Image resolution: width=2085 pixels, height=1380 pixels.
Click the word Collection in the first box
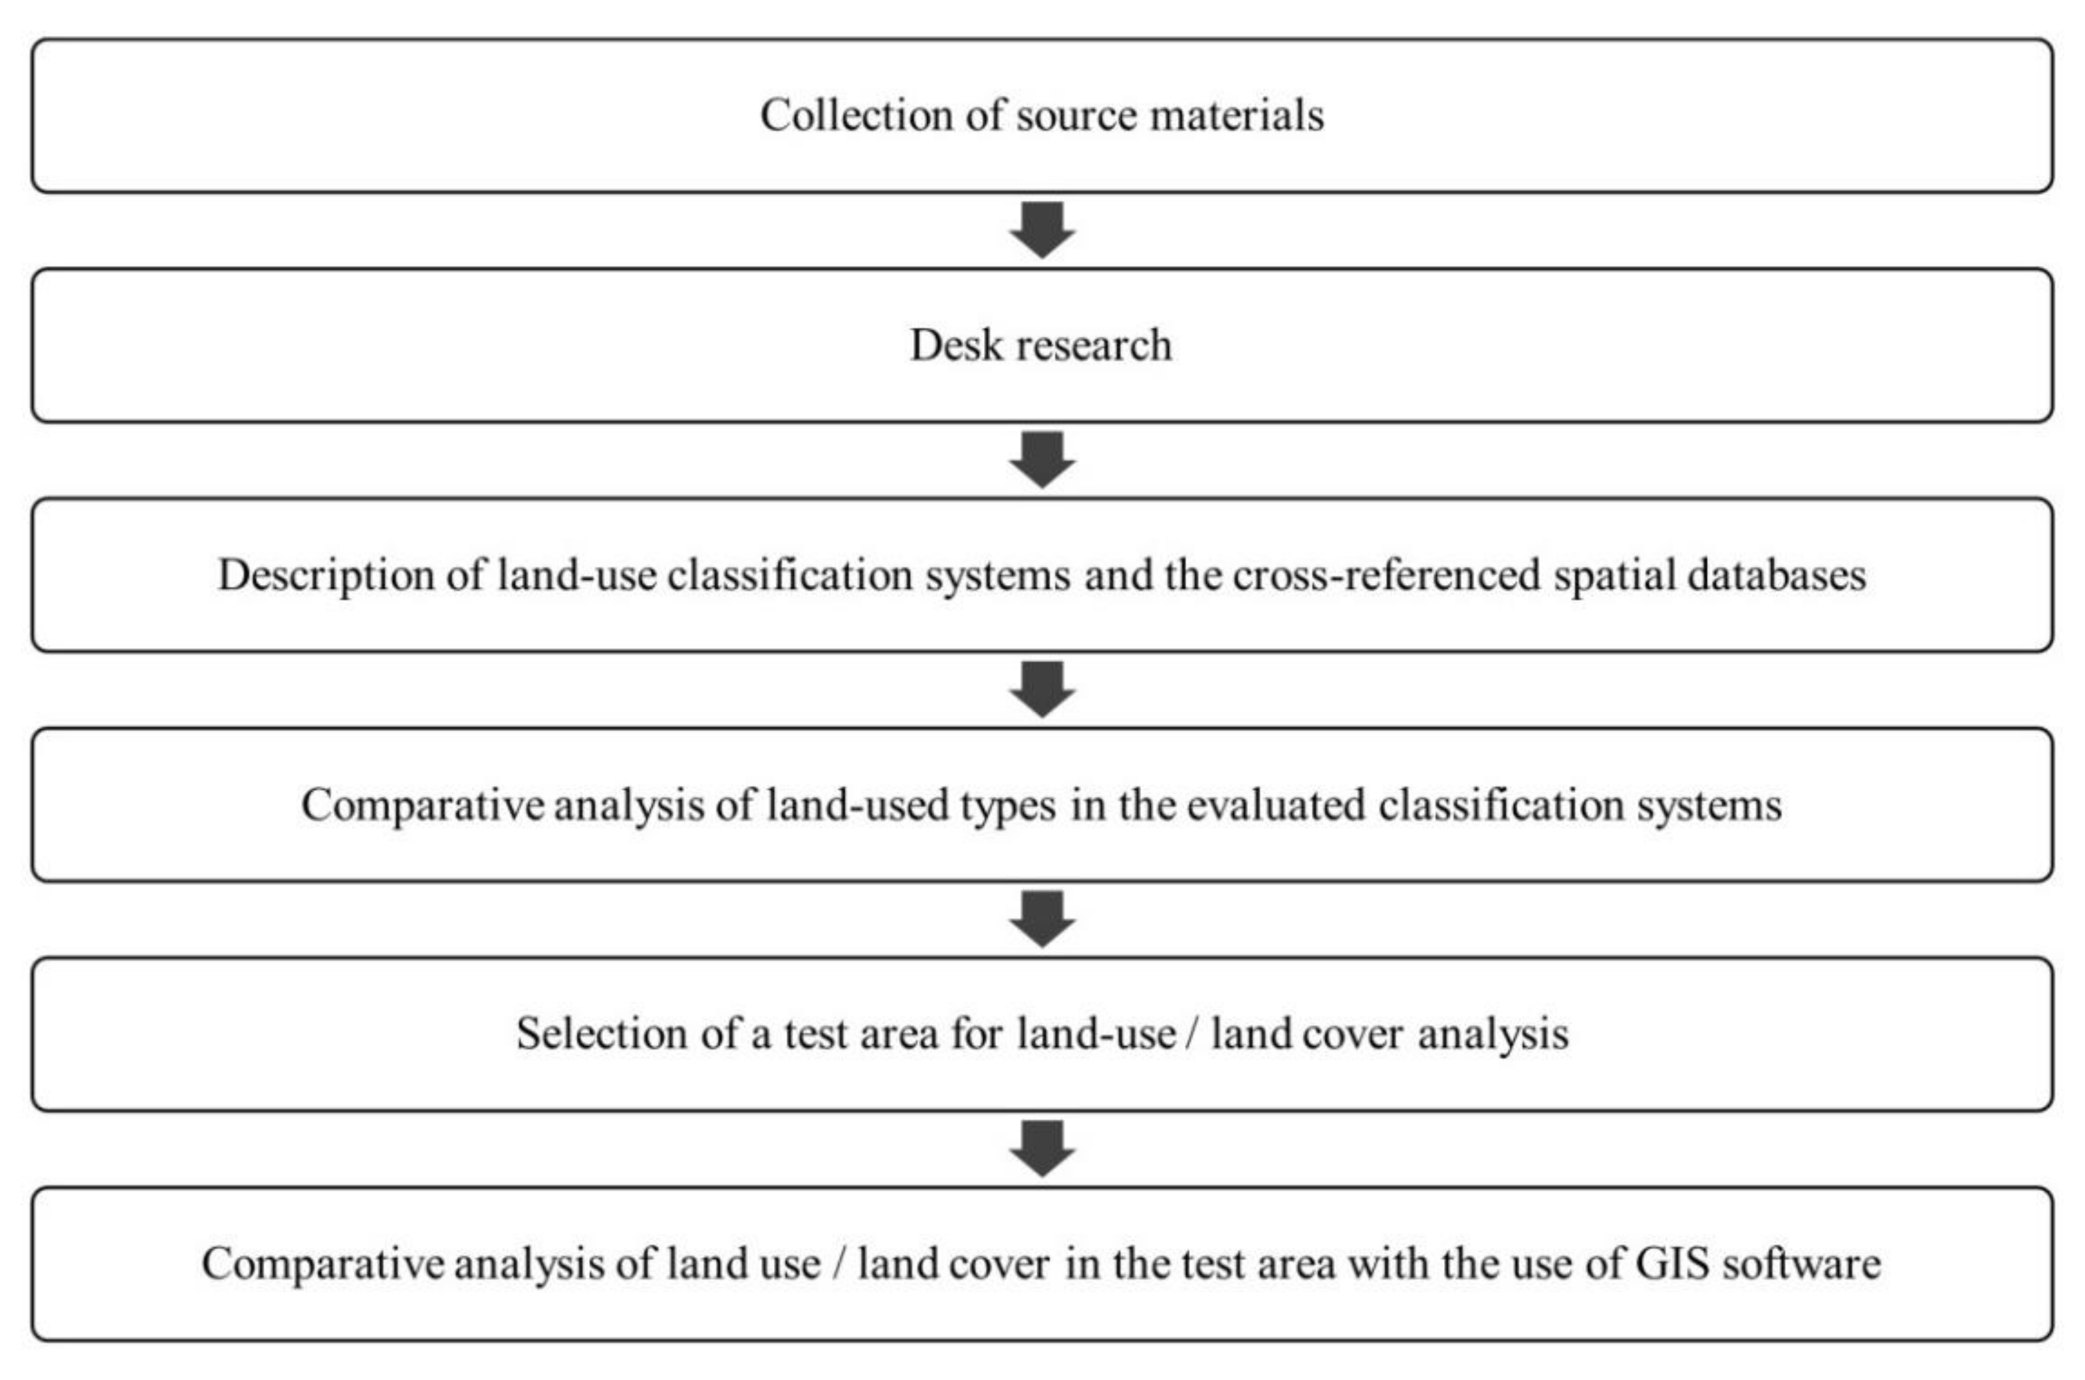tap(856, 115)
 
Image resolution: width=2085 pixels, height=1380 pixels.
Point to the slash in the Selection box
tap(1191, 1034)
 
